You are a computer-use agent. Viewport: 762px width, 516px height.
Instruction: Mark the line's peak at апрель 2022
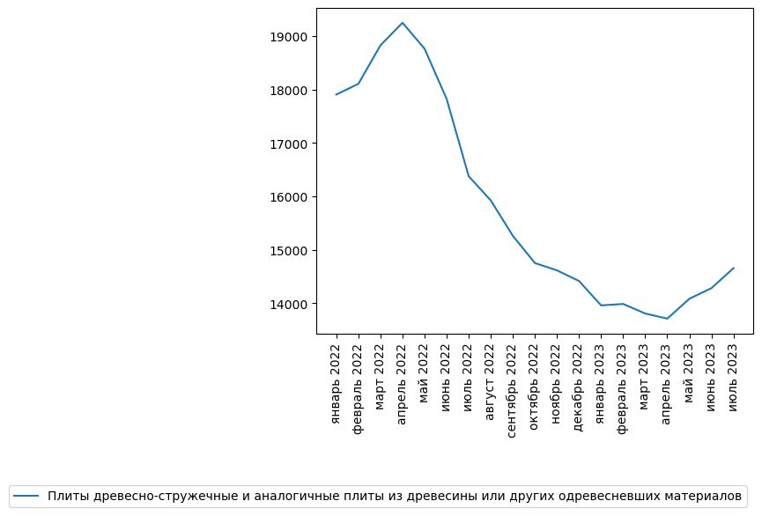point(403,23)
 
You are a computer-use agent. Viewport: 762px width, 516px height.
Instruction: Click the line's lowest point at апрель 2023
point(668,319)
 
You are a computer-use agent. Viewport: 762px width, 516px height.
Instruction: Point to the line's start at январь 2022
point(337,94)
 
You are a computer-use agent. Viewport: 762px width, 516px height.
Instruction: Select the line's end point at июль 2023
point(734,268)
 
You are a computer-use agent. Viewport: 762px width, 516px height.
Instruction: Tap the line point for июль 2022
point(469,176)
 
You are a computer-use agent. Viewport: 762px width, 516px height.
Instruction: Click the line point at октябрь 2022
point(535,262)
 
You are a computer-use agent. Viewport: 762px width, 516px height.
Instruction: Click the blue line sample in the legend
point(26,497)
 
